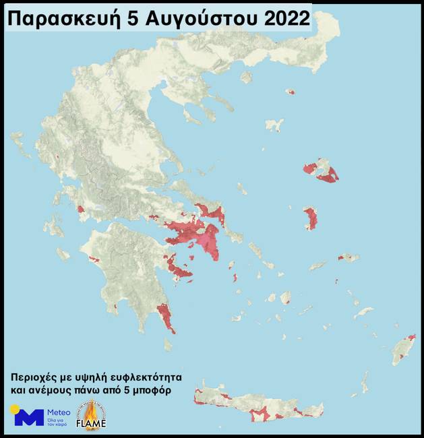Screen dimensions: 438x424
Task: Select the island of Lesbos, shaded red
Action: coord(321,170)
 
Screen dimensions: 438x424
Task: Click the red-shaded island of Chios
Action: coord(311,218)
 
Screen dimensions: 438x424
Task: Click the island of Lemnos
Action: coord(274,125)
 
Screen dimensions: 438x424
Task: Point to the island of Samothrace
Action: coord(290,92)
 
